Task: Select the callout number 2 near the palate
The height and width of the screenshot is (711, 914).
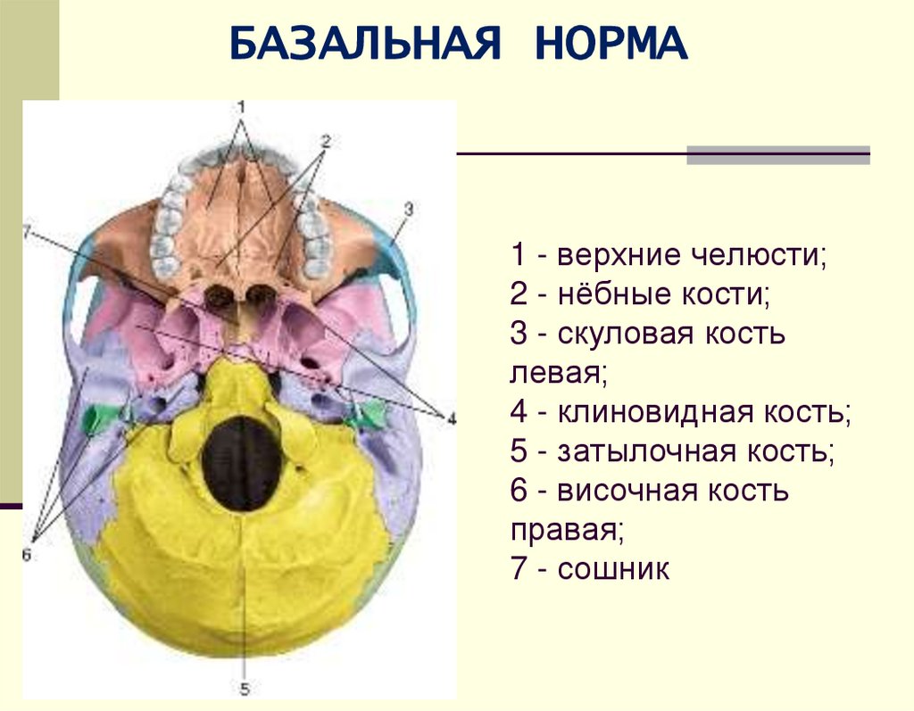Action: point(325,141)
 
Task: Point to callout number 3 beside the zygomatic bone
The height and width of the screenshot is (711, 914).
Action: point(408,209)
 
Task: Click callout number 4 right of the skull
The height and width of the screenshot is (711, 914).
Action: point(452,418)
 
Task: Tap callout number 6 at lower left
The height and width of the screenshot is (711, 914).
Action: point(26,554)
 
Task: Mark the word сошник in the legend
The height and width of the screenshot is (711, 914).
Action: point(613,568)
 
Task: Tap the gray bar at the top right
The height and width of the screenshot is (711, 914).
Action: point(777,154)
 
